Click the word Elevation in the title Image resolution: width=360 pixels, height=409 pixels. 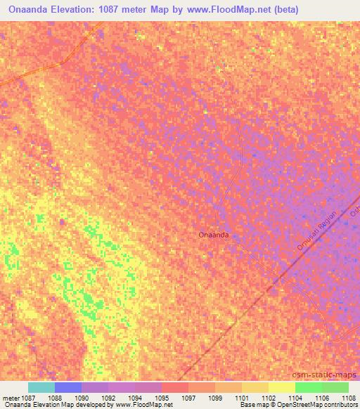coord(77,10)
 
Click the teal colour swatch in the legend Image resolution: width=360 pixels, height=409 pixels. coord(41,388)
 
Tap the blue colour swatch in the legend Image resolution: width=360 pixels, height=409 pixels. coord(68,388)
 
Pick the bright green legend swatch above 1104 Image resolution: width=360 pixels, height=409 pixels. coord(308,388)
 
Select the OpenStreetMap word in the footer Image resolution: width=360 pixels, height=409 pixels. coord(296,405)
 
